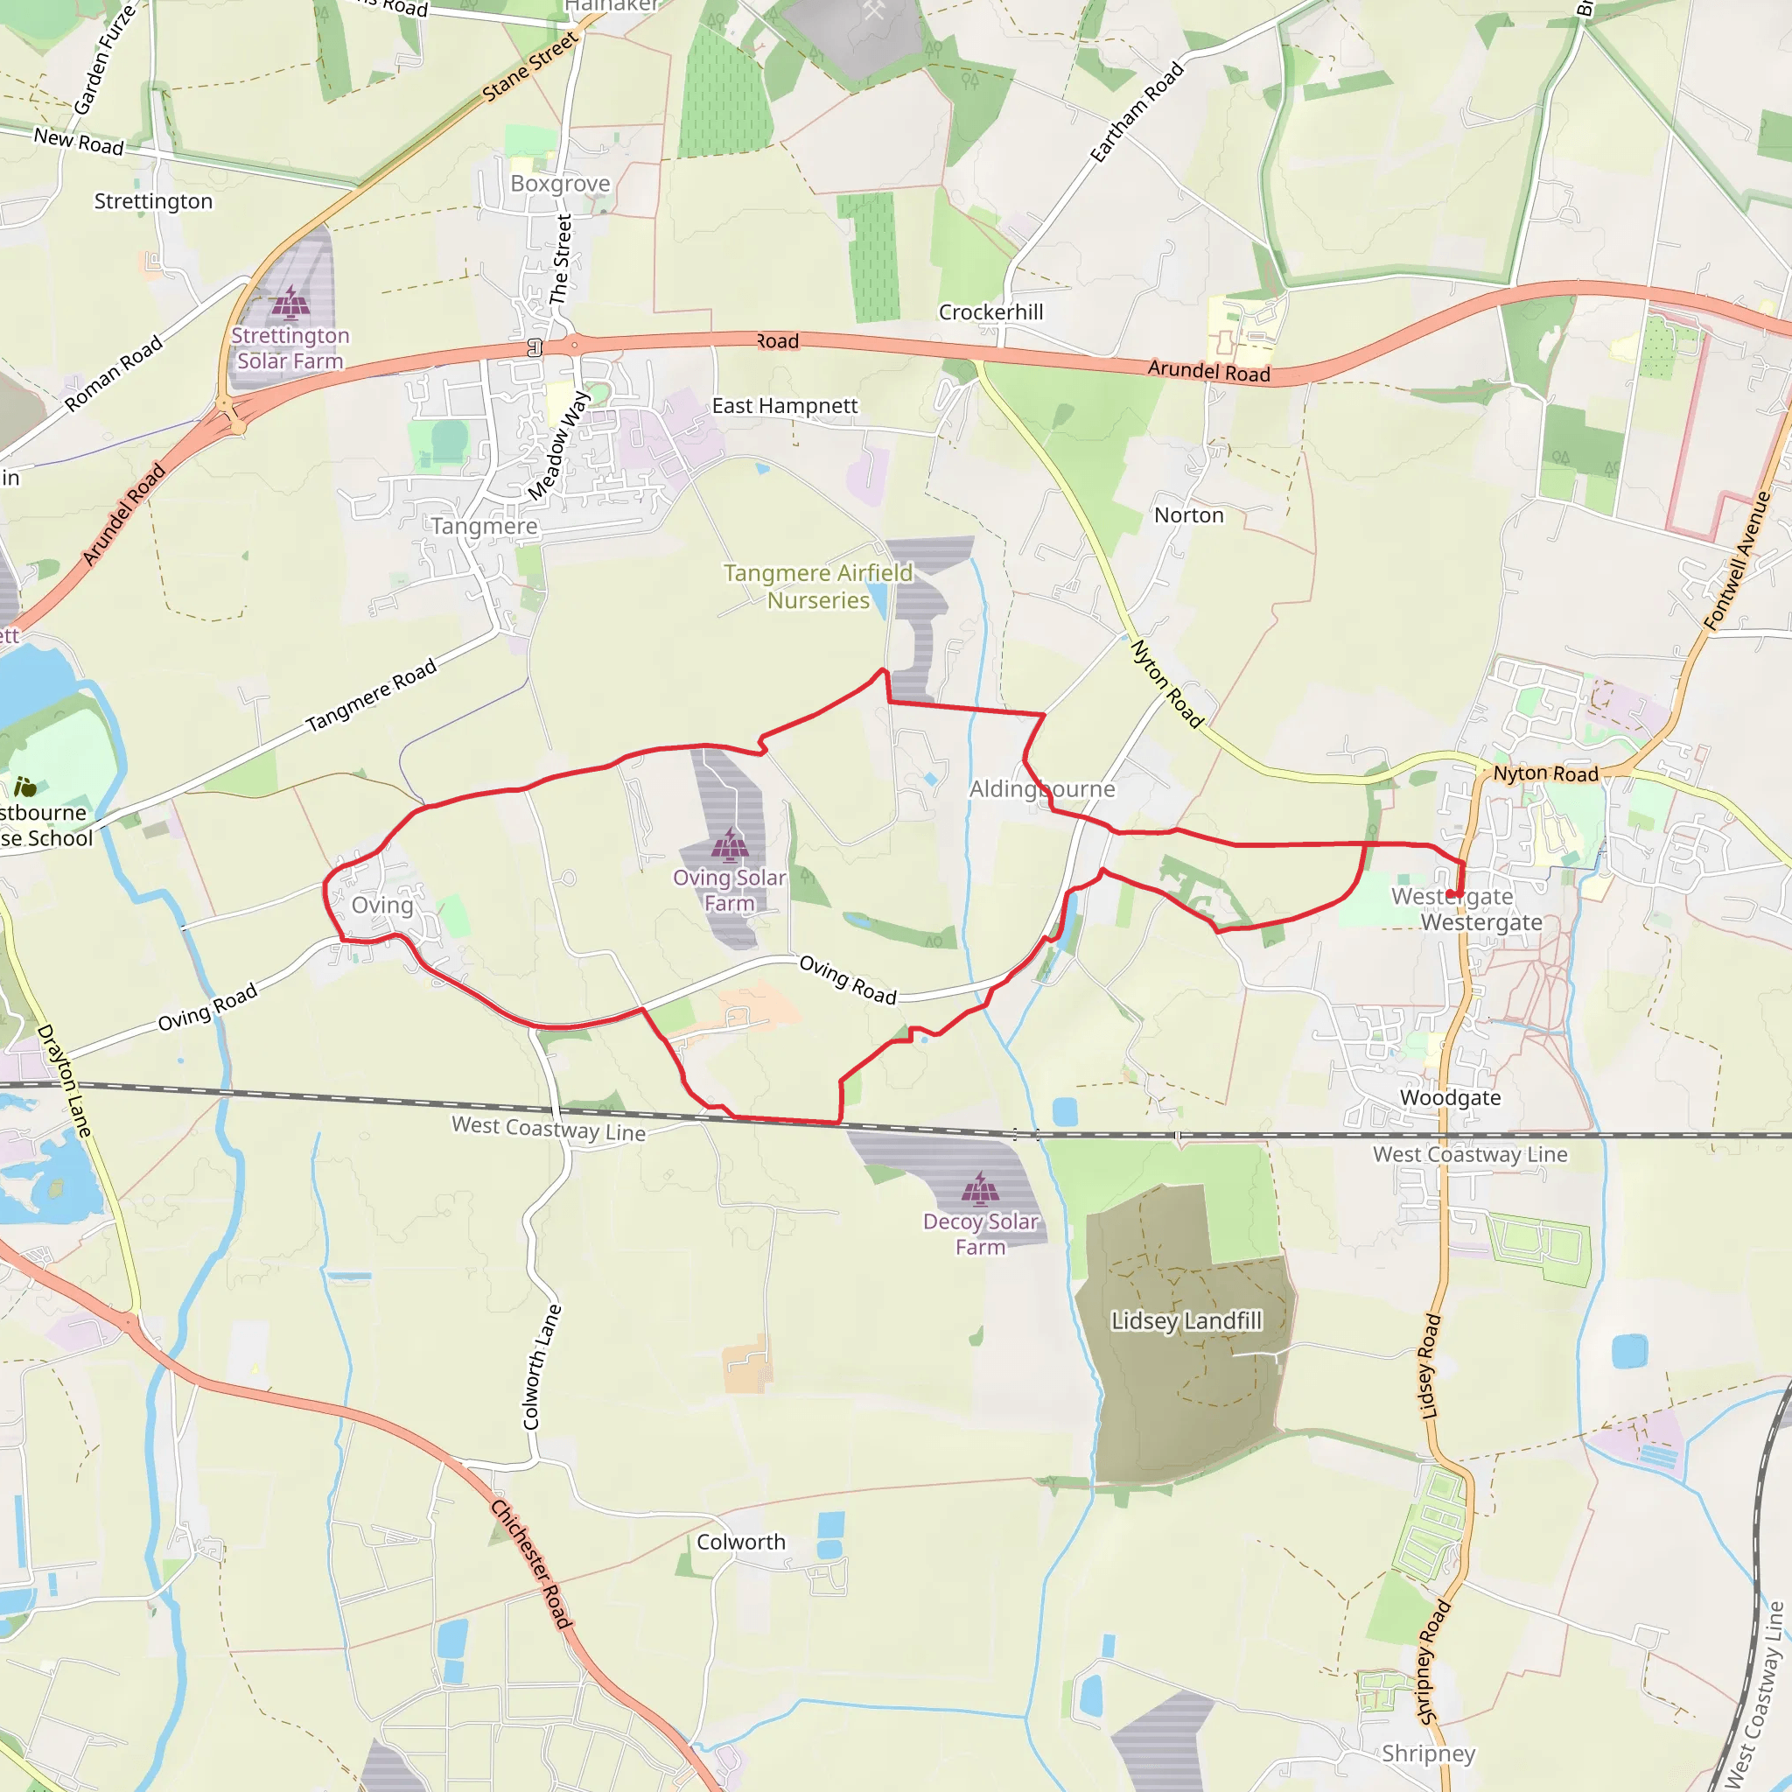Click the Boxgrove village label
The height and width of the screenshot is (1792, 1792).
point(560,184)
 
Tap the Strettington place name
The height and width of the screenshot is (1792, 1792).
point(153,201)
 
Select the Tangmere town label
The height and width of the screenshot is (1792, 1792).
point(483,526)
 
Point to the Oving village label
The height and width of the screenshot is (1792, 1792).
point(382,905)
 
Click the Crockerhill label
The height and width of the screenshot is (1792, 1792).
point(990,311)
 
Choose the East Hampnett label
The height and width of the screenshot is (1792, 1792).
point(785,405)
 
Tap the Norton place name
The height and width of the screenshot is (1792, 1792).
point(1188,514)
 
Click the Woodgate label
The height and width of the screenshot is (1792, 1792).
point(1450,1097)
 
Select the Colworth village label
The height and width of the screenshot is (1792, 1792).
point(741,1542)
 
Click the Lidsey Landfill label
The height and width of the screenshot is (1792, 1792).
point(1186,1319)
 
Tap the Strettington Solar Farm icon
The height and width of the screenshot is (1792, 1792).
point(290,303)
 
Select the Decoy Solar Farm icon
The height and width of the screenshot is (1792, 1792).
point(980,1187)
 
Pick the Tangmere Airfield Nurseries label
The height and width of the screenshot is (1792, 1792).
point(818,586)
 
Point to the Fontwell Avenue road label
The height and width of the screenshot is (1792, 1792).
point(1737,561)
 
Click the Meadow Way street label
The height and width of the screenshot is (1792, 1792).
point(558,445)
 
